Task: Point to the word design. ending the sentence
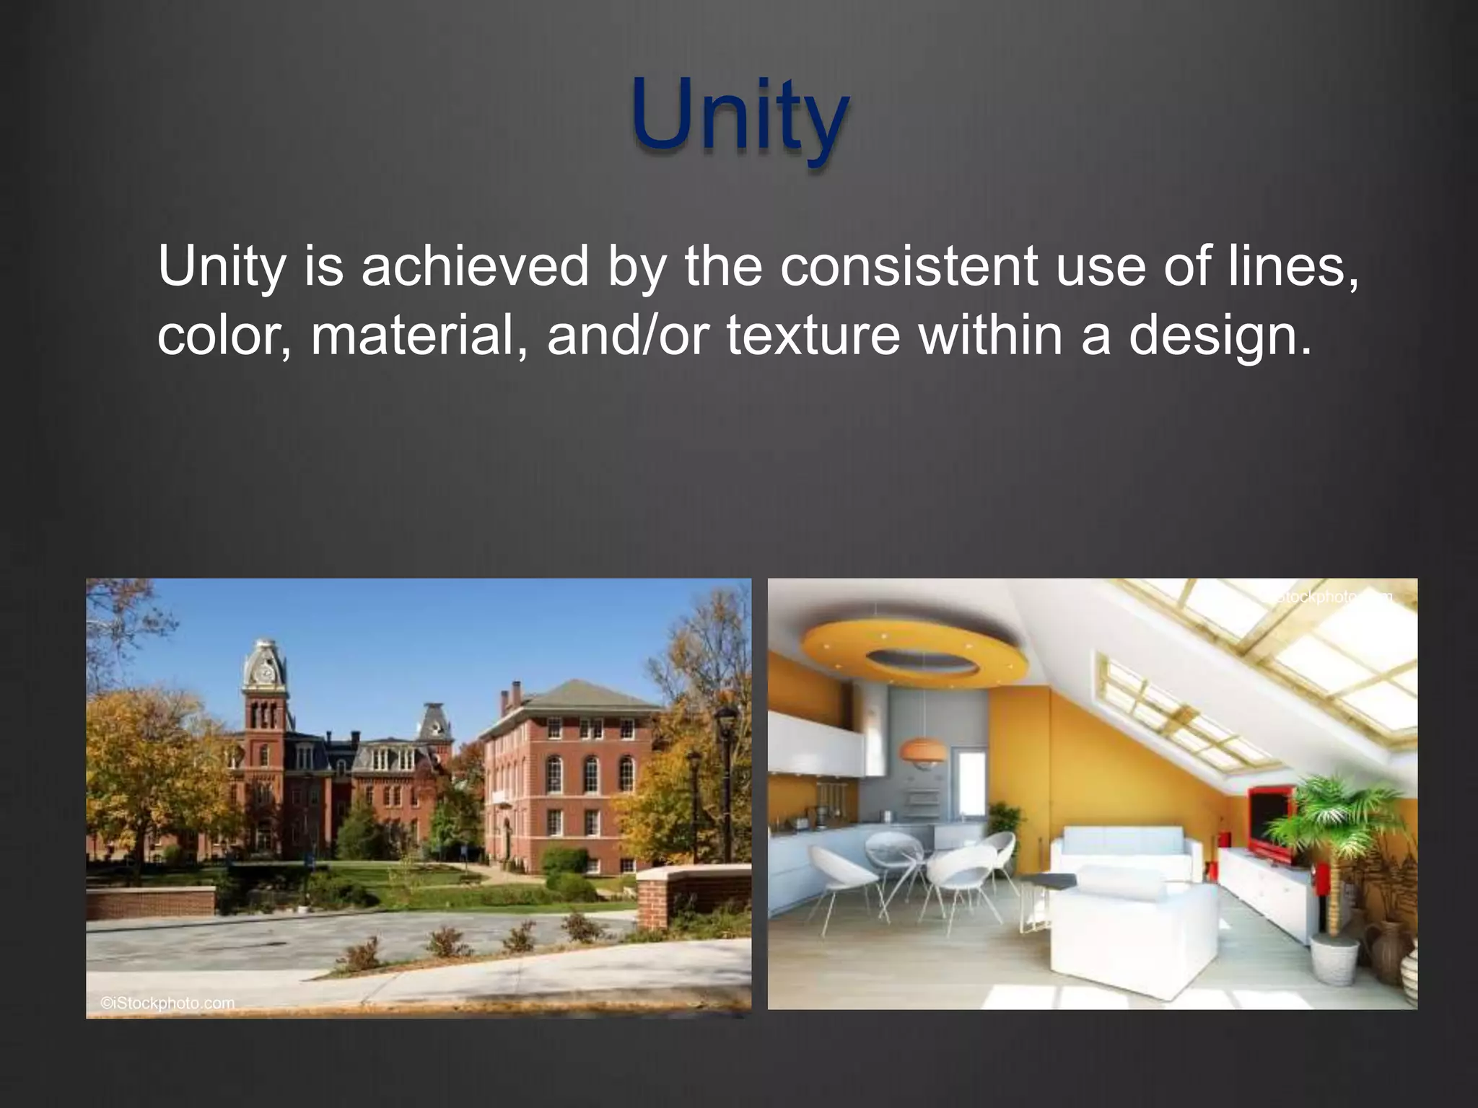click(1219, 337)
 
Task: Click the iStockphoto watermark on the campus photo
click(167, 1003)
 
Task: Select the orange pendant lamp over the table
click(922, 752)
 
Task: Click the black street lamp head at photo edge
click(725, 719)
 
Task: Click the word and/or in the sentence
click(624, 335)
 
